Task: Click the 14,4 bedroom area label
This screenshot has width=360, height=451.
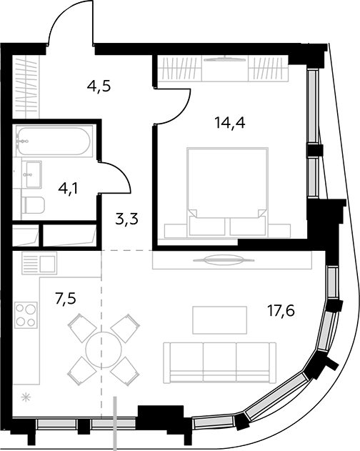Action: pos(229,124)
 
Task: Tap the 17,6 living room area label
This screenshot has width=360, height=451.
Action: pos(281,311)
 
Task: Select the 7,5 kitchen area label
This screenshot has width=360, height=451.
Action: pos(66,299)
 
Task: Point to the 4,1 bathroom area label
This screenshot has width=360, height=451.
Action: pos(68,189)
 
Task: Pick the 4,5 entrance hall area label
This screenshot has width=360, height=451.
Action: pos(99,86)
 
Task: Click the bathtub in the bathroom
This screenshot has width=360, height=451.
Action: pos(54,141)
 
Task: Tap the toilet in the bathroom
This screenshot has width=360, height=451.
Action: pos(33,204)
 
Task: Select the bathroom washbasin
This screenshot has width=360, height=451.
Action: pos(34,174)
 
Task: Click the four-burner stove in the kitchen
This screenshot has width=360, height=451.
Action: pos(26,314)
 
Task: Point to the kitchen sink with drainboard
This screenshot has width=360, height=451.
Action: pos(39,263)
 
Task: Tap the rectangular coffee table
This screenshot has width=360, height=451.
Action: pos(220,319)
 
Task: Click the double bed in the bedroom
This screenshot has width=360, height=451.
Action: pos(227,192)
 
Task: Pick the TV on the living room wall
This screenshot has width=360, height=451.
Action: pos(224,260)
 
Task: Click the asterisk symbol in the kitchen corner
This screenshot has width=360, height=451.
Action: pos(26,398)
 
